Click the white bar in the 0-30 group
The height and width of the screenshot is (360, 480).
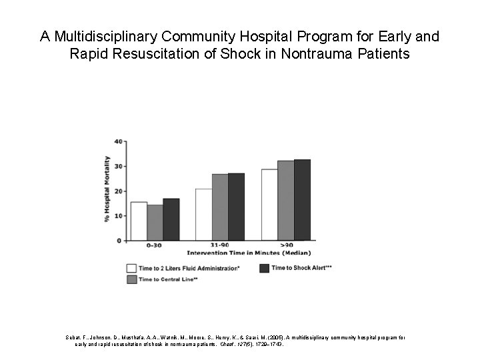139,221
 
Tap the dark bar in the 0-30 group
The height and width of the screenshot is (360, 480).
171,219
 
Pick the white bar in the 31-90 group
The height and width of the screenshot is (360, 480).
203,214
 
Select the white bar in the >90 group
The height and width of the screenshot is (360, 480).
269,205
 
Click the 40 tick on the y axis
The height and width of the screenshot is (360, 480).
118,141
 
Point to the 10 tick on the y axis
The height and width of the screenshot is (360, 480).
118,215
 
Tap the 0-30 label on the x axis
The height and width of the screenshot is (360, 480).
154,246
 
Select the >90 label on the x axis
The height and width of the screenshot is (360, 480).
285,246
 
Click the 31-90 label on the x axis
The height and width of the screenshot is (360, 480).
219,246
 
